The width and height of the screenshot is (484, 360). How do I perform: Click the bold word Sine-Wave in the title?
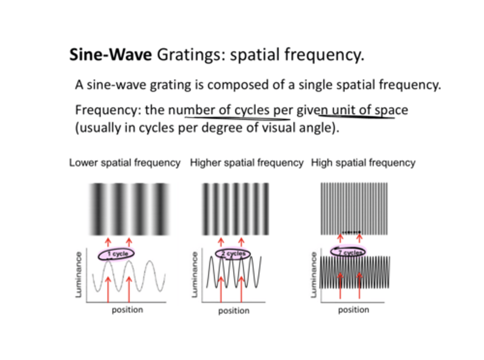(110, 54)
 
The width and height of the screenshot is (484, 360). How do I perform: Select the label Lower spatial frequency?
(125, 163)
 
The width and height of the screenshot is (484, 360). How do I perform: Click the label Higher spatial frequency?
(247, 163)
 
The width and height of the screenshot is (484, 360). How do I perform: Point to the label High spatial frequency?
(363, 163)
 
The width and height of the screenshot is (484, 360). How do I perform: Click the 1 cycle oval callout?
(116, 254)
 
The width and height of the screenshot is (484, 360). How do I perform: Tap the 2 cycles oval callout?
(233, 253)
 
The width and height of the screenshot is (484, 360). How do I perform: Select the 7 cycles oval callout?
(348, 252)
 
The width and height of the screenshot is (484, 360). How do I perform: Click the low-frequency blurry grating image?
(129, 209)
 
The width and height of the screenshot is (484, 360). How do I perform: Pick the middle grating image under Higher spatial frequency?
(235, 209)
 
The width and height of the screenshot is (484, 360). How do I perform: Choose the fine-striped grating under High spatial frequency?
(354, 209)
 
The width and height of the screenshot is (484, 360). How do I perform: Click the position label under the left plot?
(127, 310)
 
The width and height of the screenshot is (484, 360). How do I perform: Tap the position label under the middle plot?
(234, 311)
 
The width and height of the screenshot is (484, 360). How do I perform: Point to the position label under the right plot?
(354, 310)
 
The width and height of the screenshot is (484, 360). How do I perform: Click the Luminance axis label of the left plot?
(79, 275)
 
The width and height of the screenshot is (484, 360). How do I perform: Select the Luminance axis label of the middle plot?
(194, 275)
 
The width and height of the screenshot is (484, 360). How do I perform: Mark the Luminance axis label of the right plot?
(314, 275)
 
